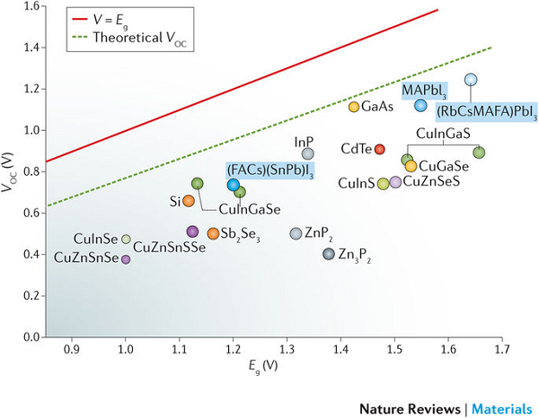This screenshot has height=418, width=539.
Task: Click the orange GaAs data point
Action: (x=354, y=108)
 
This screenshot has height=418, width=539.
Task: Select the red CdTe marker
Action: (x=379, y=149)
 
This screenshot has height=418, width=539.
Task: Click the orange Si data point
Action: (x=189, y=201)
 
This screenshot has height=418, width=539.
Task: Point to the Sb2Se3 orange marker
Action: (x=213, y=234)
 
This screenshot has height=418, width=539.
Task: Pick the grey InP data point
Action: (x=308, y=154)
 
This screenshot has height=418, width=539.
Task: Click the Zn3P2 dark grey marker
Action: (x=328, y=254)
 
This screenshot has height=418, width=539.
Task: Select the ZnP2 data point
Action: (x=296, y=233)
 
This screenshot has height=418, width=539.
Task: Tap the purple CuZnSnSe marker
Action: (x=126, y=259)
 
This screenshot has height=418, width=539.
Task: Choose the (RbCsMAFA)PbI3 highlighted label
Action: (x=486, y=112)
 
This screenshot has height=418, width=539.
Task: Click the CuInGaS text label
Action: (x=443, y=133)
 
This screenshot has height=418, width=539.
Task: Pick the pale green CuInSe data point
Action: (x=127, y=239)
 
